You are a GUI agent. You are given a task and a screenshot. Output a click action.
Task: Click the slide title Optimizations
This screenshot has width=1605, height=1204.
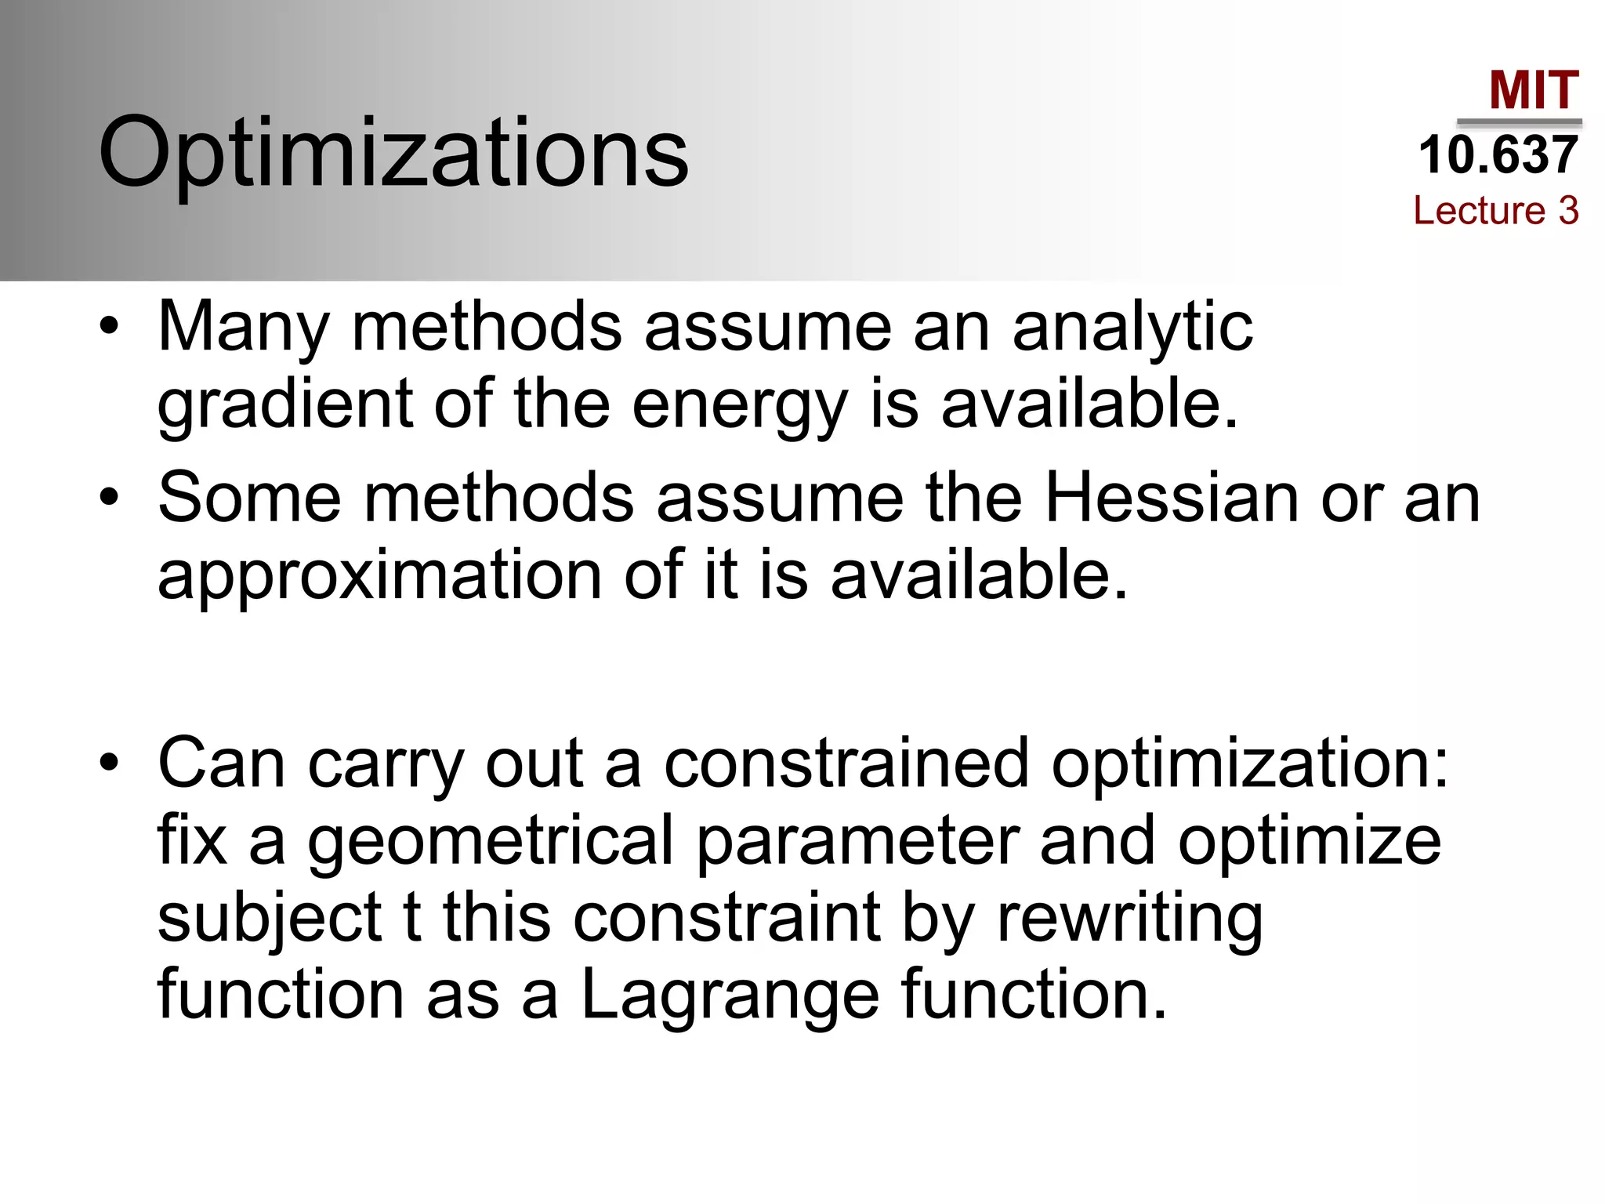(393, 152)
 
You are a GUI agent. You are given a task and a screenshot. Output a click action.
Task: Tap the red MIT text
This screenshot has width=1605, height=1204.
(1534, 91)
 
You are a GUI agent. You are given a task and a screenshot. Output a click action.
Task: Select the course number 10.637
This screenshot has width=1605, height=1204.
(1498, 154)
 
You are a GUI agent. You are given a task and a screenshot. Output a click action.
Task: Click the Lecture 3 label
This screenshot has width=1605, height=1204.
(1495, 210)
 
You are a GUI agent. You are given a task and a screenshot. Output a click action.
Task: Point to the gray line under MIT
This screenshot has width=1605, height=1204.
(1519, 122)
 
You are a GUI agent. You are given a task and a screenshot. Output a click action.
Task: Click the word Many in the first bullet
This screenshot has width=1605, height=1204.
(244, 328)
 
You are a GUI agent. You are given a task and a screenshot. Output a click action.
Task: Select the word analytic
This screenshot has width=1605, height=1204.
(1132, 328)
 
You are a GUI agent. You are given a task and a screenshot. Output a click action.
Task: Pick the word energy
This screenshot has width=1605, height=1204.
(740, 405)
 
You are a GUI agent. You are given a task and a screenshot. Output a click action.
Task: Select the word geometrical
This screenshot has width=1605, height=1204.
(491, 841)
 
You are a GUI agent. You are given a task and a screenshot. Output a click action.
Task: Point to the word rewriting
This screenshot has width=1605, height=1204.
(1129, 918)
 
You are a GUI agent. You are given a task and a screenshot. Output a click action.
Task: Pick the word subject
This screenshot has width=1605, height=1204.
(270, 918)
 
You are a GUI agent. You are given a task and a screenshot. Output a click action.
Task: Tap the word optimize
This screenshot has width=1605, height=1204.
(1310, 841)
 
